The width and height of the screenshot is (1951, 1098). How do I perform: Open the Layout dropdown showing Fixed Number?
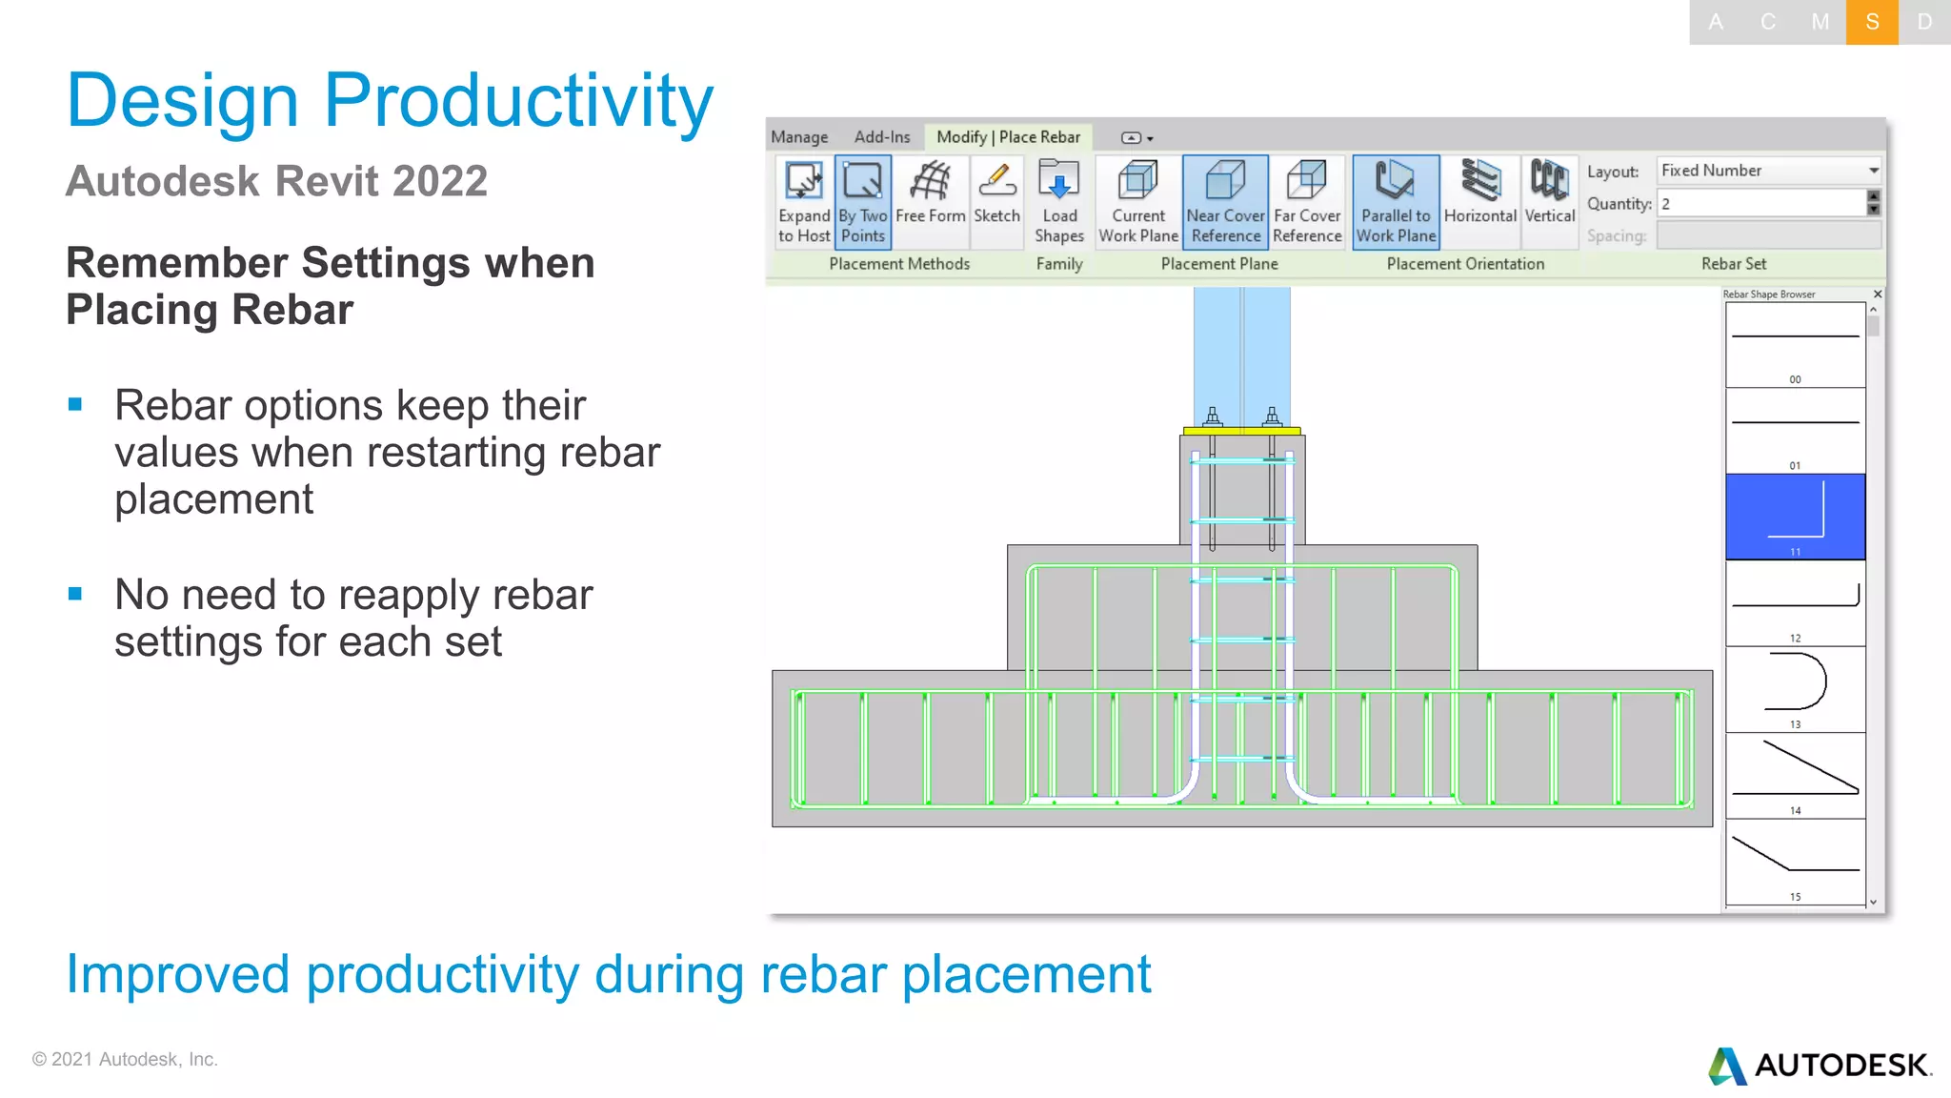pos(1769,171)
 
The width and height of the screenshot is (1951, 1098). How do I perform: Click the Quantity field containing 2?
pos(1761,203)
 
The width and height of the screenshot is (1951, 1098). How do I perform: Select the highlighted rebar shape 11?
pos(1795,516)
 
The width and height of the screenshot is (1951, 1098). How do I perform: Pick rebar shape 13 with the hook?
pos(1795,688)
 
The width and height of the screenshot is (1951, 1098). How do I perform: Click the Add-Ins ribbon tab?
pos(881,137)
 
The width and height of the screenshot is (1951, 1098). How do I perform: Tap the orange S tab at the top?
pos(1872,22)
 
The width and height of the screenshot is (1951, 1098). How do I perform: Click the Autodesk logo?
pos(1820,1065)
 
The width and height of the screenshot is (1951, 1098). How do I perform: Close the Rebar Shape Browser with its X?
pos(1878,295)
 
